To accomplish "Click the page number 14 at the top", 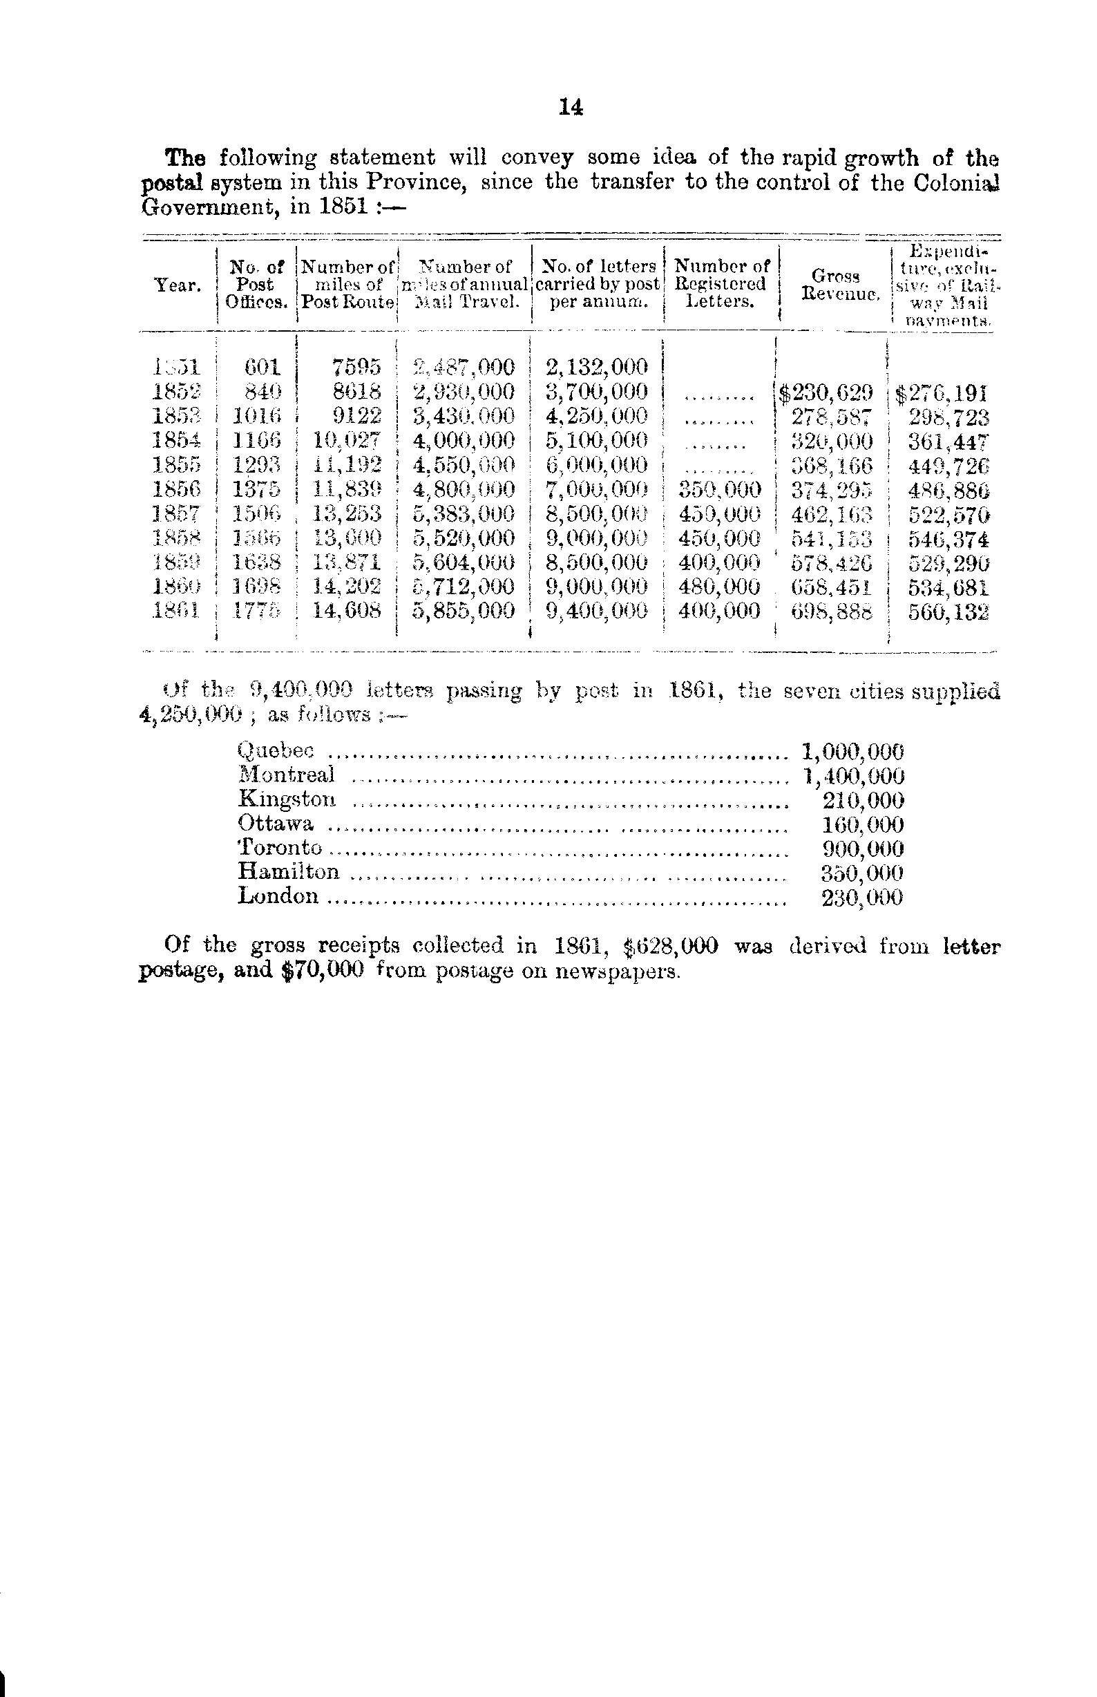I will pos(571,107).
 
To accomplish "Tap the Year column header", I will pos(178,285).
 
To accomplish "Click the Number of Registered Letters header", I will pos(722,283).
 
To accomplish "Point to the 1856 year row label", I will pos(178,489).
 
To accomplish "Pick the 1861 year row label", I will pos(178,611).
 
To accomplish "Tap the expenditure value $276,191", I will pos(942,392).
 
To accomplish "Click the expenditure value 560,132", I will pos(948,612).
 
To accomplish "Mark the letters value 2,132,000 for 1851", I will pos(597,368).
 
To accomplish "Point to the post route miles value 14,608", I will pos(347,611).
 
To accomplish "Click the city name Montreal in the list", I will pos(287,775).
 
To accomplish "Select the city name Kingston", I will pos(287,799).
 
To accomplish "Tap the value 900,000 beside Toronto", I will pos(863,848).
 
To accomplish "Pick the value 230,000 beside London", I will pos(862,897).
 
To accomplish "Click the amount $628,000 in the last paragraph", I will pos(670,946).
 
